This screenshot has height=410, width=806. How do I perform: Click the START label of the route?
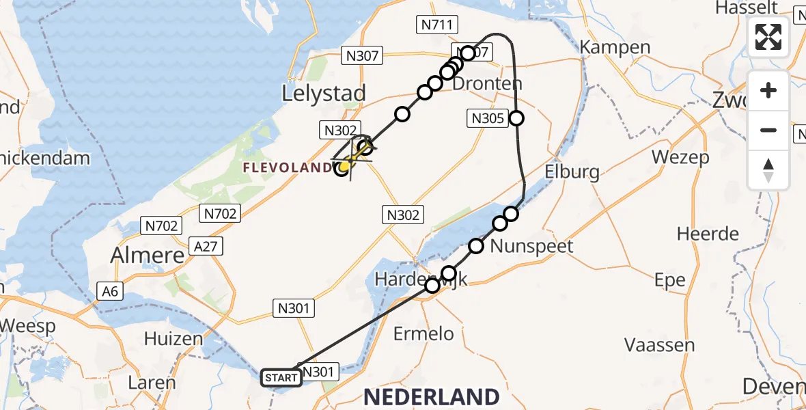(281, 377)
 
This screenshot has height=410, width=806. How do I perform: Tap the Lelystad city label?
(324, 93)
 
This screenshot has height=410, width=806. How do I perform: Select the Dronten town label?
(488, 84)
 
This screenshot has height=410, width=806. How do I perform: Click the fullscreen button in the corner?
(768, 37)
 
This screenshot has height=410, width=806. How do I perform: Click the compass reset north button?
(768, 169)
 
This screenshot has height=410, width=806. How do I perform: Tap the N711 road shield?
(437, 25)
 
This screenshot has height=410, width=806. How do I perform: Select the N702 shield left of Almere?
(161, 225)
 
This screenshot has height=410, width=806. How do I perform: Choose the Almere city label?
(148, 256)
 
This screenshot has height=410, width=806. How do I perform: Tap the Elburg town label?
(572, 171)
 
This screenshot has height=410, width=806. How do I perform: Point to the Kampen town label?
(615, 47)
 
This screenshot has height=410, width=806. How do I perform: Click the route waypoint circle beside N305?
(516, 118)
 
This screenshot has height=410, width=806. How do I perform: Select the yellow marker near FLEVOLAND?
(346, 165)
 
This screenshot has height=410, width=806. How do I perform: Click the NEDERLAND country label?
(431, 396)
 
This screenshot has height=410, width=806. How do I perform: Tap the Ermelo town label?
(424, 333)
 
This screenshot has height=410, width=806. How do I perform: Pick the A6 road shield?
(110, 292)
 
